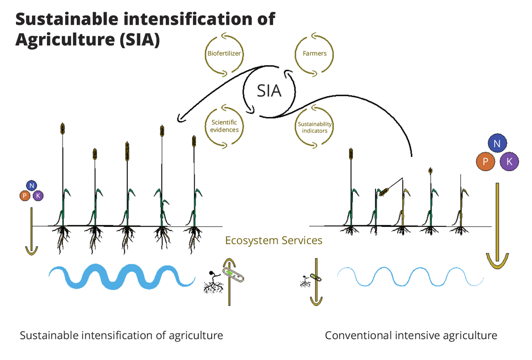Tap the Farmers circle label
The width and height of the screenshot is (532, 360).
[x=314, y=54]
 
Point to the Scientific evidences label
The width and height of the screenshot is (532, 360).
[x=225, y=126]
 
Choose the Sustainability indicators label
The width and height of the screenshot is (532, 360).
[x=315, y=127]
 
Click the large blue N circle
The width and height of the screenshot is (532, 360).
[x=497, y=143]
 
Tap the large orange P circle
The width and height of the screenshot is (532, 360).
[x=486, y=162]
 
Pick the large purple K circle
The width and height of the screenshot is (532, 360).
[x=509, y=162]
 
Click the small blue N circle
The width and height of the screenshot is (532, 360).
[x=31, y=186]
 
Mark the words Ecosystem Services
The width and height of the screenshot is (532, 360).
[x=274, y=241]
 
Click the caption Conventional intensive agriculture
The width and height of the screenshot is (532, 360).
[x=411, y=335]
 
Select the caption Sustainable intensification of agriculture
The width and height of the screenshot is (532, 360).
[x=121, y=335]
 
